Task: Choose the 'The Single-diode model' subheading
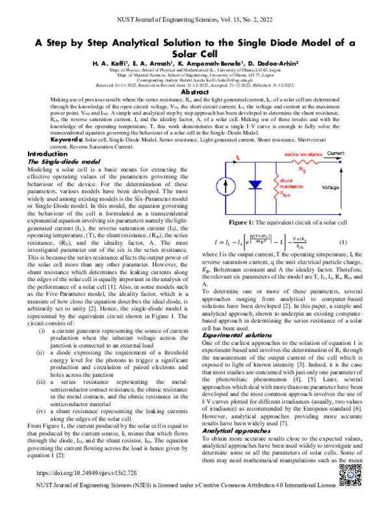point(62,161)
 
